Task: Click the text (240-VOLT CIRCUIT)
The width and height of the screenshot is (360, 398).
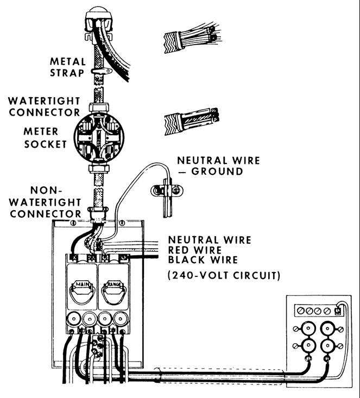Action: (x=224, y=276)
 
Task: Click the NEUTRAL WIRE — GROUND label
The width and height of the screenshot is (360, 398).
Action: (x=218, y=166)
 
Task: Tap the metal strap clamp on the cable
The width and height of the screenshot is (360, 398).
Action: (x=102, y=71)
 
